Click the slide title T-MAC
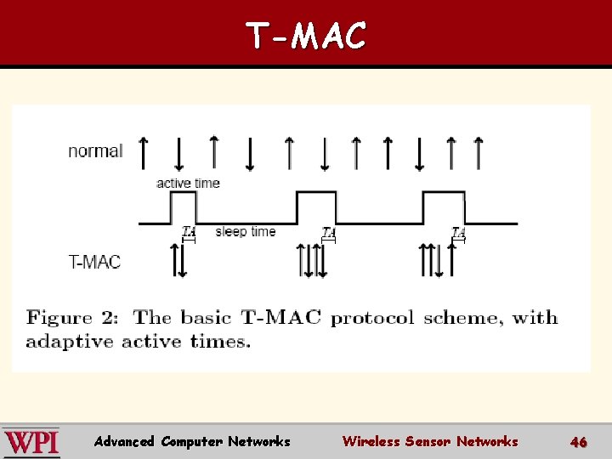(306, 36)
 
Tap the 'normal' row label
(95, 151)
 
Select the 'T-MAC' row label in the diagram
(94, 261)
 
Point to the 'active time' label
(188, 183)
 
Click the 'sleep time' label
(245, 231)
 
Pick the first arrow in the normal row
(143, 153)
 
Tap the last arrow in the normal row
(479, 153)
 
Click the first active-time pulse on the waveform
(184, 207)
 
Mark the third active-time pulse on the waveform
(444, 207)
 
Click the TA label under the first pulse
(189, 231)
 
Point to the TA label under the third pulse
(458, 231)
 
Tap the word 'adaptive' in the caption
(70, 342)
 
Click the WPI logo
(31, 442)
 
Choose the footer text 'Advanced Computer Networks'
(192, 441)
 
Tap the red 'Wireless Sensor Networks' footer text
(429, 441)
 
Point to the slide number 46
(579, 442)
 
